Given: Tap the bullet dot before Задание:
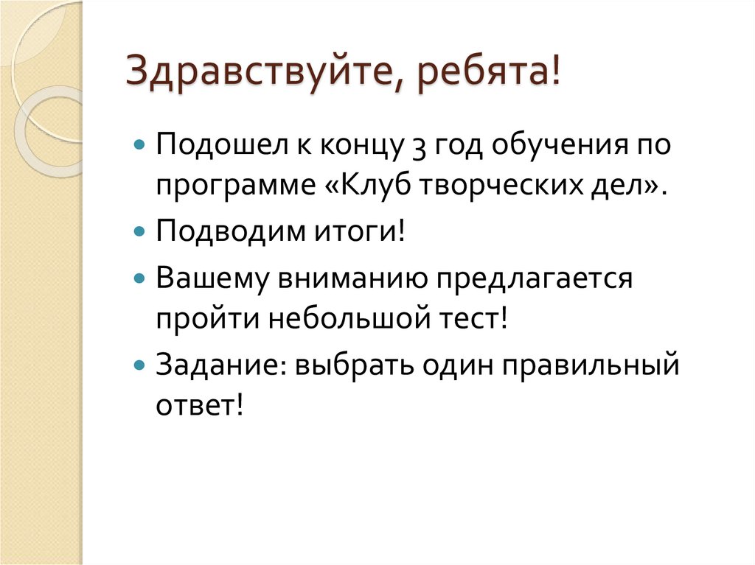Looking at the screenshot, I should tap(141, 365).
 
